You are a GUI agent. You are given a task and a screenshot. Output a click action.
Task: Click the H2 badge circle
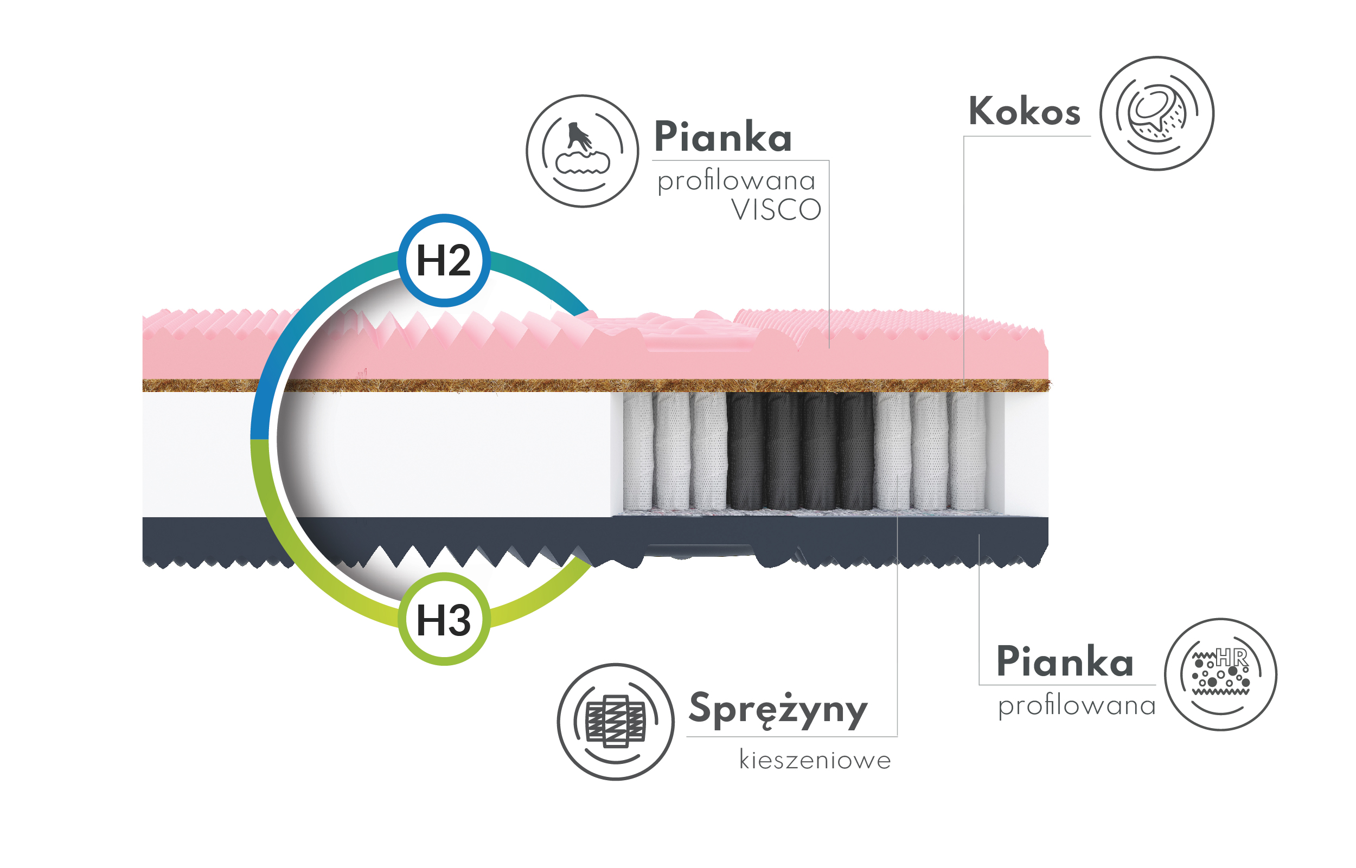point(444,260)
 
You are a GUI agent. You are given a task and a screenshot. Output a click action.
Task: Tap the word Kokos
point(1025,111)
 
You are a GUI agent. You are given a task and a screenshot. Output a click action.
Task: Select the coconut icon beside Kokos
point(1157,113)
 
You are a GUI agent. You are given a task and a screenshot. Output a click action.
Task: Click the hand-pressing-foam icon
point(583,151)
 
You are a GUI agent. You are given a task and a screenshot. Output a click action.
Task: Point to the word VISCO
point(776,210)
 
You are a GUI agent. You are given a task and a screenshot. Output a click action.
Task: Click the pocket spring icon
point(616,722)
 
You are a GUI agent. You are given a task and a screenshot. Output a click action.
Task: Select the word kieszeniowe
point(815,760)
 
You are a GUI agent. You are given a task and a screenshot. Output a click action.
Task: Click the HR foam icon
point(1221,674)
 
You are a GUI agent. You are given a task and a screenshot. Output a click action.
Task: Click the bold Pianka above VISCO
point(724,137)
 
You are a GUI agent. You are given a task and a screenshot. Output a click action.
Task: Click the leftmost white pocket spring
point(638,451)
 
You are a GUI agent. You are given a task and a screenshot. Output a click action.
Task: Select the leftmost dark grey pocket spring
point(745,451)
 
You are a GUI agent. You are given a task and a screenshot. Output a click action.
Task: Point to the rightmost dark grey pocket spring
point(856,451)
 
